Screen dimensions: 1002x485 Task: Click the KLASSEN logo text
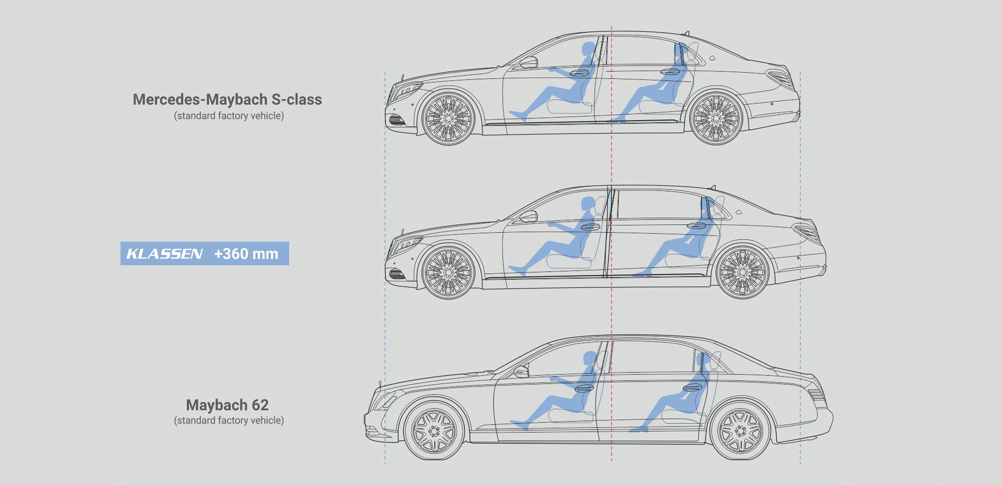point(164,254)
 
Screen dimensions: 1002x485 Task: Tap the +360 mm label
point(246,254)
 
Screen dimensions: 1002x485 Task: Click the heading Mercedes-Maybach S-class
point(228,100)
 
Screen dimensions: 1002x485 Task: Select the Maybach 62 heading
point(228,405)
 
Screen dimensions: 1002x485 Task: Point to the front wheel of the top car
point(448,118)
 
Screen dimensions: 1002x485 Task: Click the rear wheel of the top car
point(716,118)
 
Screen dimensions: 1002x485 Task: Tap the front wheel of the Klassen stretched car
point(448,272)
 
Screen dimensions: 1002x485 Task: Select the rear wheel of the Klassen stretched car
point(743,272)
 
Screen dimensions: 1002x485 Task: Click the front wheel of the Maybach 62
point(434,431)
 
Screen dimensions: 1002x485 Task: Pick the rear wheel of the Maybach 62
point(740,431)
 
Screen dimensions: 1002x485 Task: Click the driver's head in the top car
point(588,50)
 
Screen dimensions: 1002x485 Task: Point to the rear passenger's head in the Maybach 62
point(702,359)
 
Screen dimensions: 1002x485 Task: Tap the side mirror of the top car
point(529,63)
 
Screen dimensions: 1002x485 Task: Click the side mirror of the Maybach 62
point(521,371)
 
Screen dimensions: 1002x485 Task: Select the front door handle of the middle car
point(591,227)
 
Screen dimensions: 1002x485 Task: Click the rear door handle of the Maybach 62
point(693,387)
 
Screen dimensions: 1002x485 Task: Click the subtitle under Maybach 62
point(229,420)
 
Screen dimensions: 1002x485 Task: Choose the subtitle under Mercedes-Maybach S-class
point(229,116)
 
